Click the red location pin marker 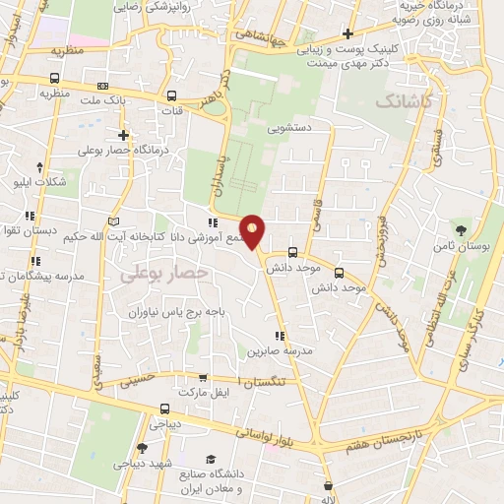point(253,230)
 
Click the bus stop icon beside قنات point(172,96)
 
